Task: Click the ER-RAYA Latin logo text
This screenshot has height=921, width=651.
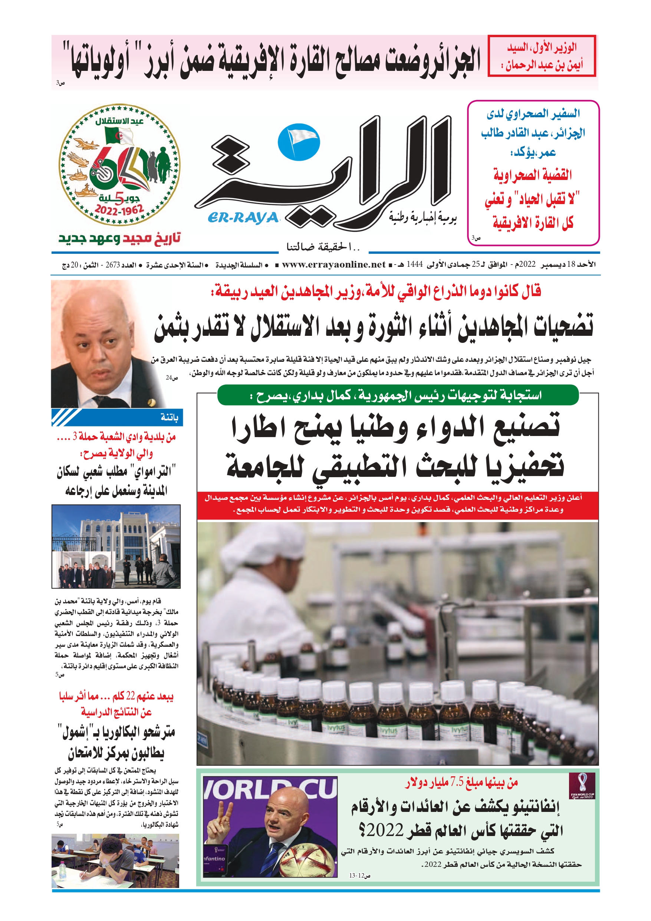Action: (243, 217)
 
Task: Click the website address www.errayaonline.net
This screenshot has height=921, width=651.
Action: (333, 264)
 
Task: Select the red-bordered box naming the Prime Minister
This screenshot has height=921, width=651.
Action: (542, 56)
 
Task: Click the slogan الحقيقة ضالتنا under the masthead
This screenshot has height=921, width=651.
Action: (323, 247)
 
